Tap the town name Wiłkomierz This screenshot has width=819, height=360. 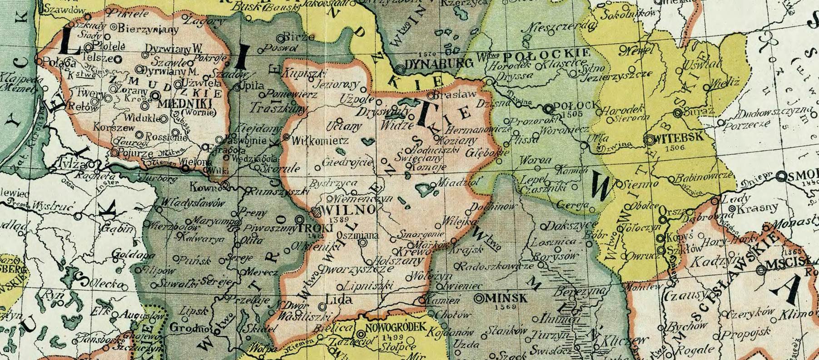[323, 141]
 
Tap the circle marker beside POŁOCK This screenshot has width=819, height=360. [549, 108]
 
